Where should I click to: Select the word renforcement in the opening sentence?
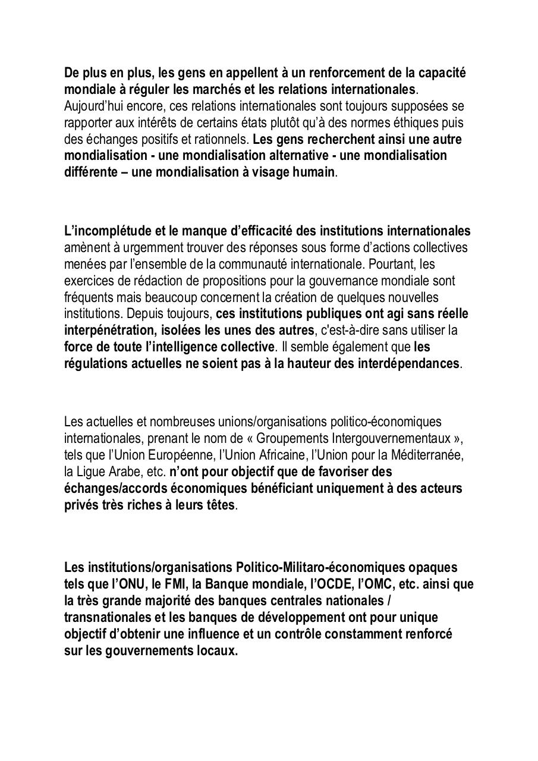coord(300,73)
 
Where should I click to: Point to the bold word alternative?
coord(294,156)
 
